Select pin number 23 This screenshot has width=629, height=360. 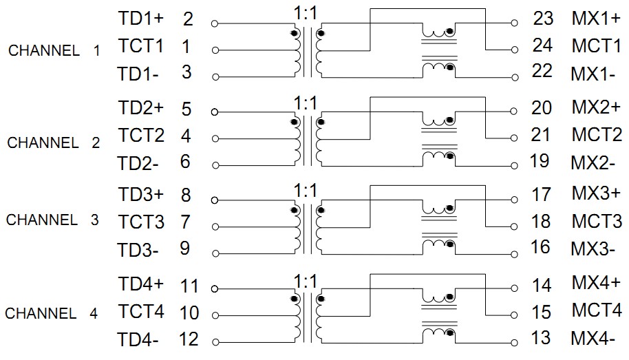(x=543, y=19)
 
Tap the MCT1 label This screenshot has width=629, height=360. (x=596, y=46)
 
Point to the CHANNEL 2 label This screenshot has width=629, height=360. (x=54, y=143)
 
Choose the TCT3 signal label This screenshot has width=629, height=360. (x=141, y=222)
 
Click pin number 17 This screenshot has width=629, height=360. (x=542, y=195)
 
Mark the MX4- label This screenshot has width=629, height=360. (x=593, y=338)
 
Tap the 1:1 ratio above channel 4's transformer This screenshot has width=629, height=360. (x=304, y=282)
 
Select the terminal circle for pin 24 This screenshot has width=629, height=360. (x=513, y=50)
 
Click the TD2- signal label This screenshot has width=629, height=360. (x=139, y=162)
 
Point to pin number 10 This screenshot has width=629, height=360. (x=189, y=313)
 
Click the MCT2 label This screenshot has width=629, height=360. (x=596, y=134)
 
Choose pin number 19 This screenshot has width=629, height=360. (x=540, y=161)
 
